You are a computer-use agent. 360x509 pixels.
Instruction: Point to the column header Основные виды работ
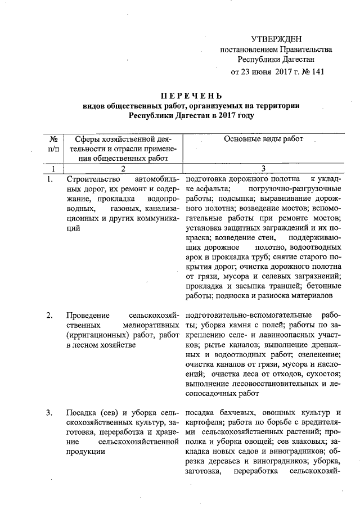pyautogui.click(x=263, y=139)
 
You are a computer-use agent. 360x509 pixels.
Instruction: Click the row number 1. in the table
pyautogui.click(x=50, y=179)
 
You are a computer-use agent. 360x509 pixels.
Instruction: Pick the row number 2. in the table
pyautogui.click(x=50, y=314)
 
